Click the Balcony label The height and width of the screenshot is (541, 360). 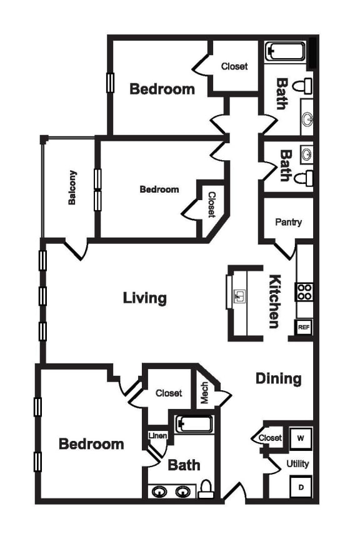(73, 188)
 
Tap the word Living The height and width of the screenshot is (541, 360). (145, 298)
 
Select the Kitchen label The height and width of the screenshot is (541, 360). (274, 301)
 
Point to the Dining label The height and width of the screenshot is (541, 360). (279, 378)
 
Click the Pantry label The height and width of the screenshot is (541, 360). (288, 222)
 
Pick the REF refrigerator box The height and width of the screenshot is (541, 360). (304, 327)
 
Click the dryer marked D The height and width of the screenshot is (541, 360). (301, 487)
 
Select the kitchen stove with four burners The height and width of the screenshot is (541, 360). (304, 291)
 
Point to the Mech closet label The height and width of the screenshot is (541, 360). (204, 393)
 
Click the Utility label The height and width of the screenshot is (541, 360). (297, 464)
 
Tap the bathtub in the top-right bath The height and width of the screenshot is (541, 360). (285, 52)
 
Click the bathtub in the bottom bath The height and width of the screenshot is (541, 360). (194, 425)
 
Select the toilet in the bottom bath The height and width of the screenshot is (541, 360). (206, 488)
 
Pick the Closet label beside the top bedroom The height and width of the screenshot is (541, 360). (234, 66)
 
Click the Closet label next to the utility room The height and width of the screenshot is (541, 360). (270, 438)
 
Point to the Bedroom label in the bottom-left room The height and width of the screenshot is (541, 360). (91, 444)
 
